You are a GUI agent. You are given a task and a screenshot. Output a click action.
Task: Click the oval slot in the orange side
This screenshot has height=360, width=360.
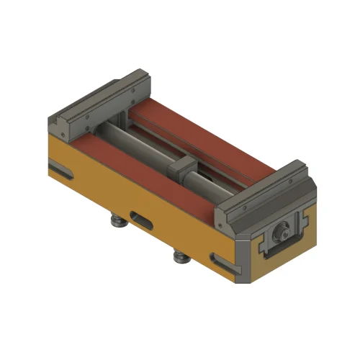142,217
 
